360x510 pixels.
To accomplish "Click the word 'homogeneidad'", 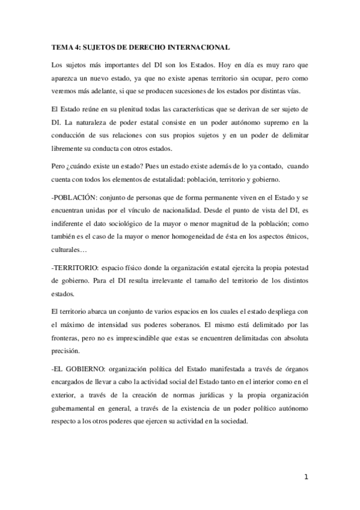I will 195,232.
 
